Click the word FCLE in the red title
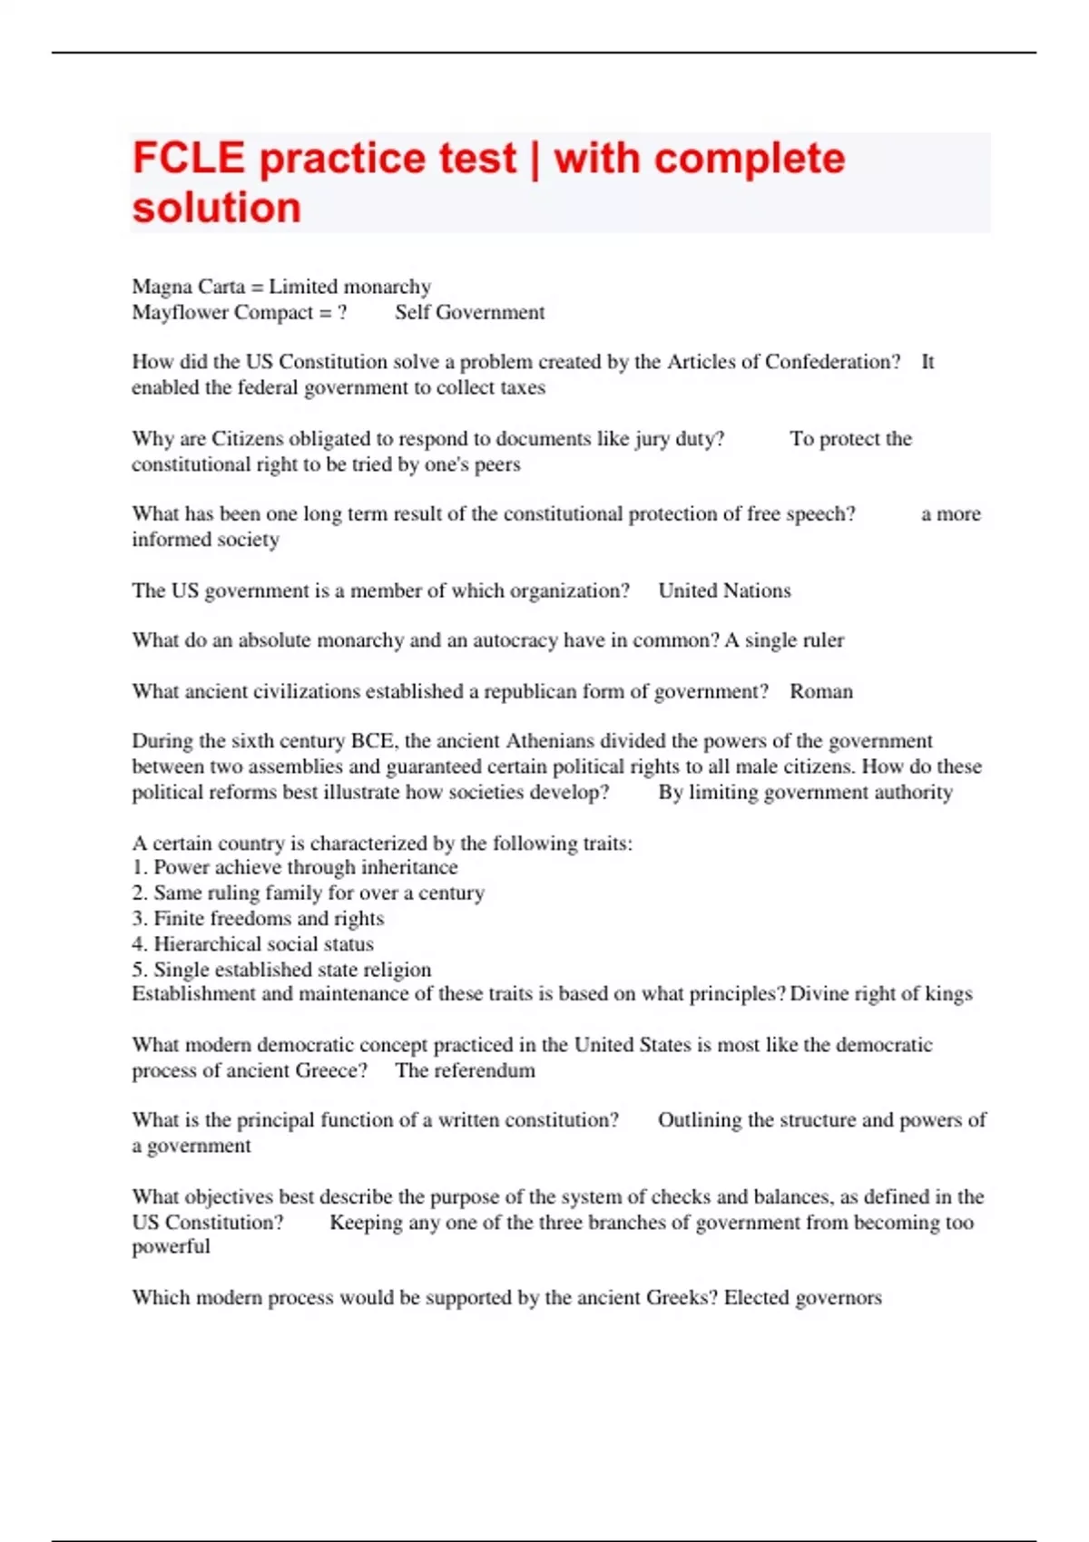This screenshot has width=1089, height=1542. pos(189,159)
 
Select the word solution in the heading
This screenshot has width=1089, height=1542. pos(216,208)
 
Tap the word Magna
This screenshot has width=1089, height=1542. pos(159,287)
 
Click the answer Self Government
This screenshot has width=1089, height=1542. pos(469,312)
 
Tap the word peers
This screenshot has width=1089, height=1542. pos(496,464)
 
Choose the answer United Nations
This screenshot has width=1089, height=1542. pos(724,590)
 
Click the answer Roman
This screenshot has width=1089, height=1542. pos(821,691)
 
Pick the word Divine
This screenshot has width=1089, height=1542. pos(819,994)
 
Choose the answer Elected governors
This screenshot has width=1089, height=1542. pos(802,1298)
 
